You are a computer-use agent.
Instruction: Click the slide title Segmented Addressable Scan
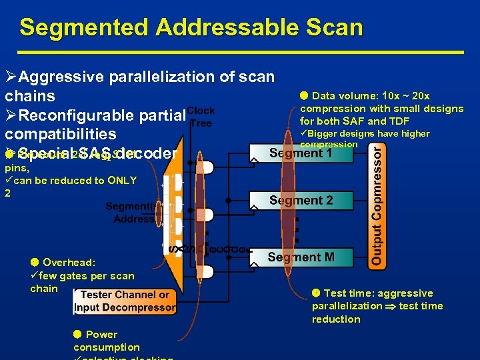191,27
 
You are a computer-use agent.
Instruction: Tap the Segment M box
301,257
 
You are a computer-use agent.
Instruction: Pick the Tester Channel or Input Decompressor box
125,301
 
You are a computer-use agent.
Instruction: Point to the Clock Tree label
201,117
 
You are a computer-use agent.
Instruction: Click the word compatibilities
61,134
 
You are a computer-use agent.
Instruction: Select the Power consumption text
107,341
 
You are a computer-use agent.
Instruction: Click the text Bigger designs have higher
369,133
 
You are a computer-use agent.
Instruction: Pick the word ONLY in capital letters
121,181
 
